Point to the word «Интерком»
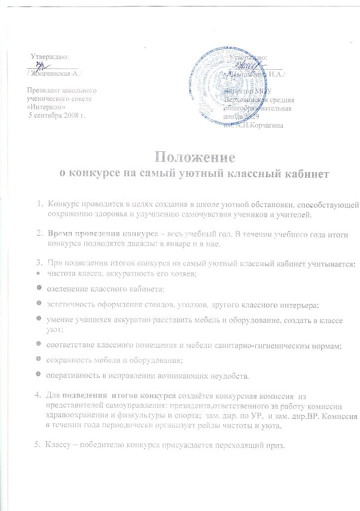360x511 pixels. coord(46,107)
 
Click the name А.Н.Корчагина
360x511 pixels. coord(259,125)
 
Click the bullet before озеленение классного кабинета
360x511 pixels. coord(39,289)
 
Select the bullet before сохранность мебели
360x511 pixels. coord(39,360)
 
